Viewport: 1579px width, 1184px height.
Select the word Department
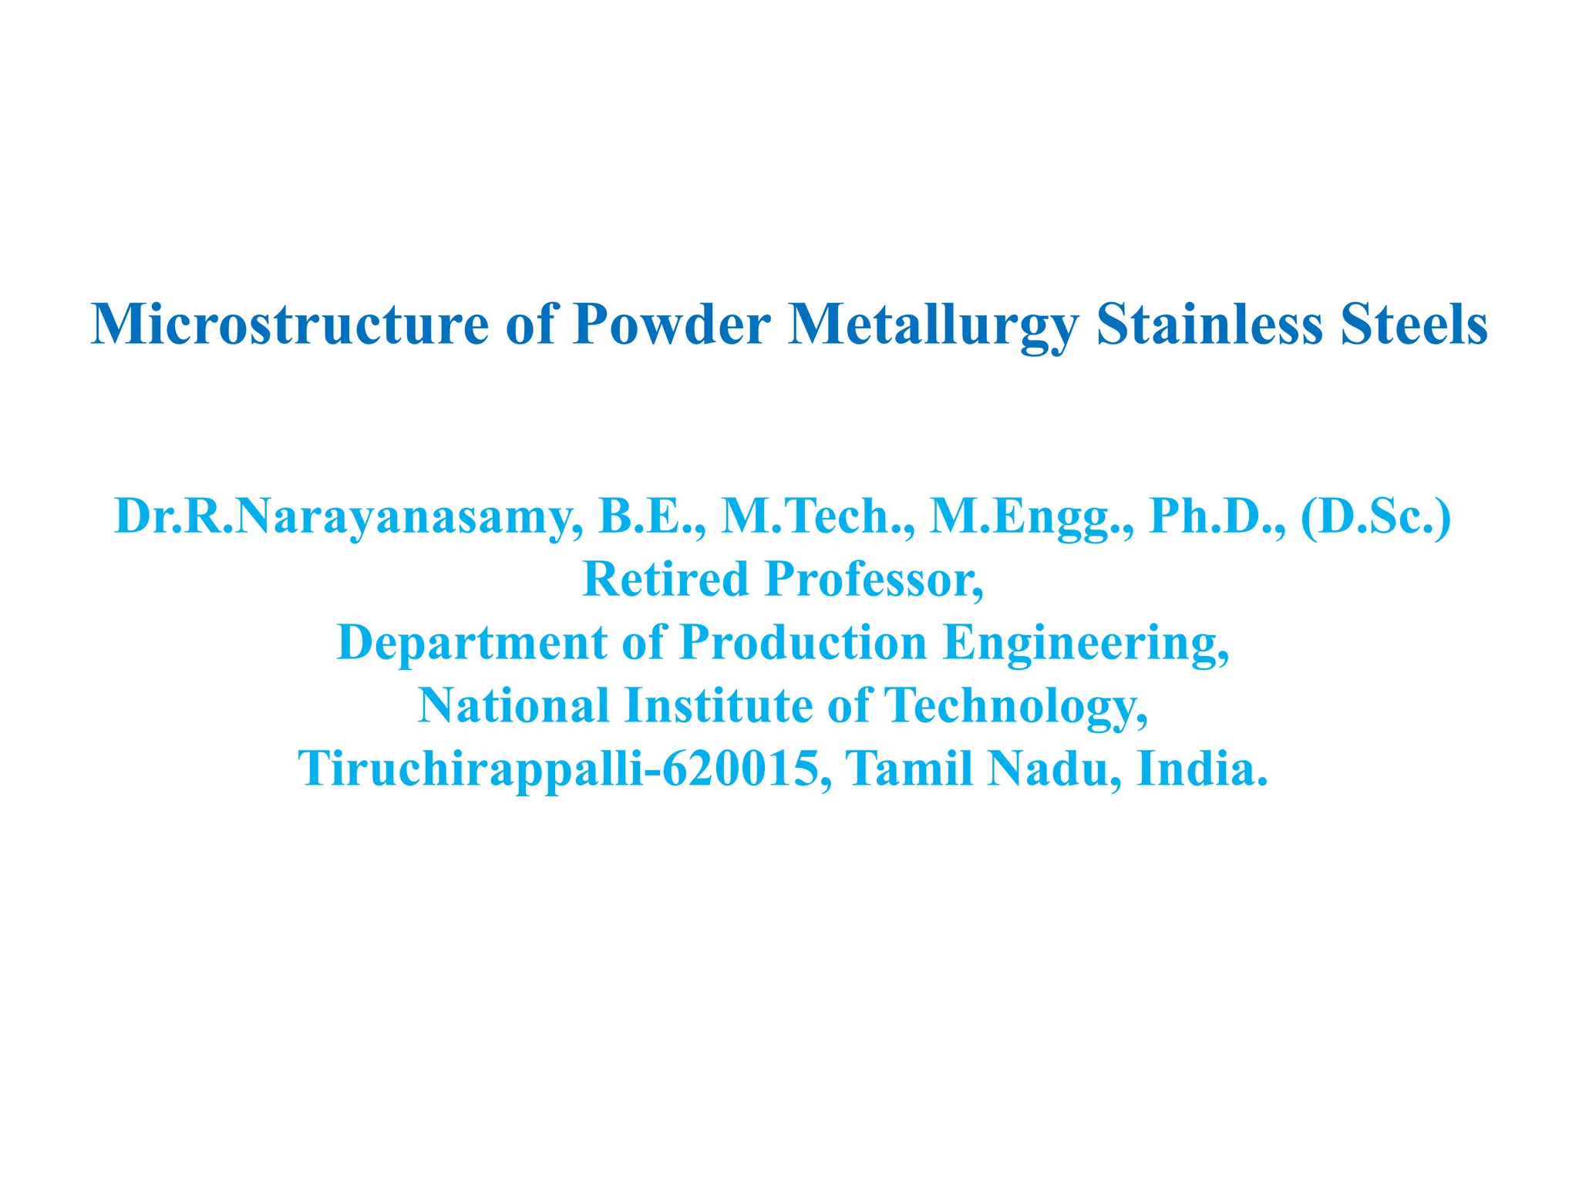[472, 643]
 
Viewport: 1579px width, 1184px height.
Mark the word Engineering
[1086, 643]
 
